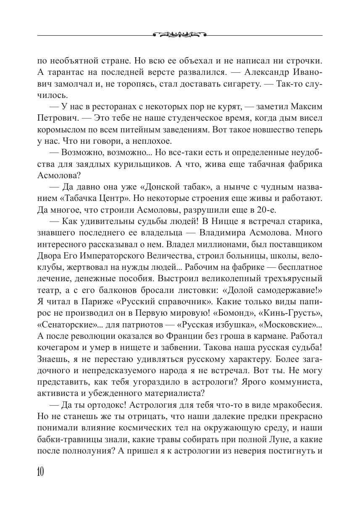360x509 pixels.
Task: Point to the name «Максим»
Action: tap(306, 108)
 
